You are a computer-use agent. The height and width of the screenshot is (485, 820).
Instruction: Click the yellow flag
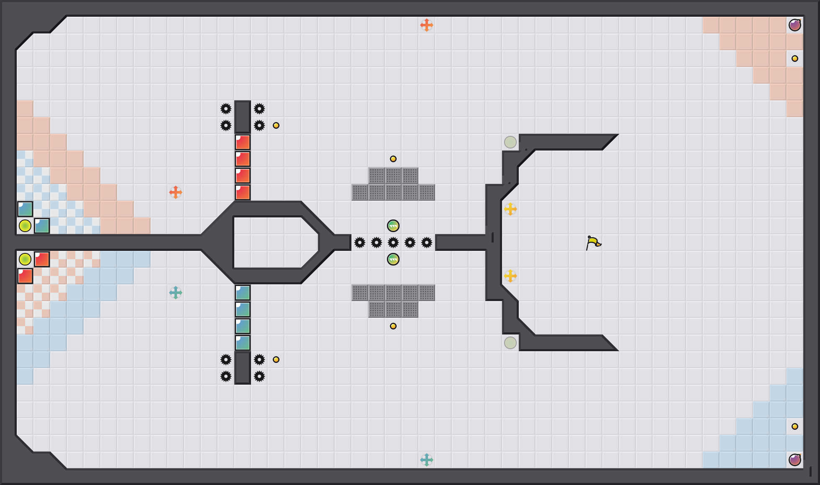click(593, 242)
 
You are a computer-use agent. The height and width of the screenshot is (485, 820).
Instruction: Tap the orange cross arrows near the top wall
click(426, 25)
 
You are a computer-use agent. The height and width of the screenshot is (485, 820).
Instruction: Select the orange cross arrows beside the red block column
click(176, 192)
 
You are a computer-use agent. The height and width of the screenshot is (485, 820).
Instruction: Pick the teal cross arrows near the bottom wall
click(426, 460)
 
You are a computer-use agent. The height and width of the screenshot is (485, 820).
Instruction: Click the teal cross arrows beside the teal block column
click(176, 293)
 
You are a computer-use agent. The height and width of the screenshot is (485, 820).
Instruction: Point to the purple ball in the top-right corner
click(795, 25)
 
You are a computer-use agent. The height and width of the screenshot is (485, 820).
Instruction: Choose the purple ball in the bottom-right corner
click(795, 460)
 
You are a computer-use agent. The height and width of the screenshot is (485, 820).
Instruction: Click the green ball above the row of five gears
click(393, 226)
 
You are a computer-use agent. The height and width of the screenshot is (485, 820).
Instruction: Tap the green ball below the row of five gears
click(393, 259)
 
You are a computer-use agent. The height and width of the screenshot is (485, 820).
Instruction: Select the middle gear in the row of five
click(393, 242)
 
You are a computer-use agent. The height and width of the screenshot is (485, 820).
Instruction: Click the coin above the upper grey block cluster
click(393, 159)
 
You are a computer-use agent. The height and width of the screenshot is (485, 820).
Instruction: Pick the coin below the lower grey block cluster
click(393, 326)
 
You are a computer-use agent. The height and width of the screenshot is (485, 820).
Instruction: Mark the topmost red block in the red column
click(243, 142)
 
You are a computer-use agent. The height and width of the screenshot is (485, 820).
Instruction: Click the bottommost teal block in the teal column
click(243, 343)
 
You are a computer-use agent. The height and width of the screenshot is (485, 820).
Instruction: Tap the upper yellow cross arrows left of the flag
click(510, 209)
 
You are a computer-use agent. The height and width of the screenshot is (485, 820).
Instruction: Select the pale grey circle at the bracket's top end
click(510, 142)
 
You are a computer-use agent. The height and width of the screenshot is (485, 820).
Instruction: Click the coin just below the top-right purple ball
click(795, 59)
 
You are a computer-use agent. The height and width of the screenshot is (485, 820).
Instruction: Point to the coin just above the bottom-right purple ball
click(795, 426)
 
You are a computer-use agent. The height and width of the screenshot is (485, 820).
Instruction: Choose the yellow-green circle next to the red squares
click(25, 259)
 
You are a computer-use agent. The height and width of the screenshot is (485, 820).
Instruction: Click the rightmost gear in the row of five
click(427, 242)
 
